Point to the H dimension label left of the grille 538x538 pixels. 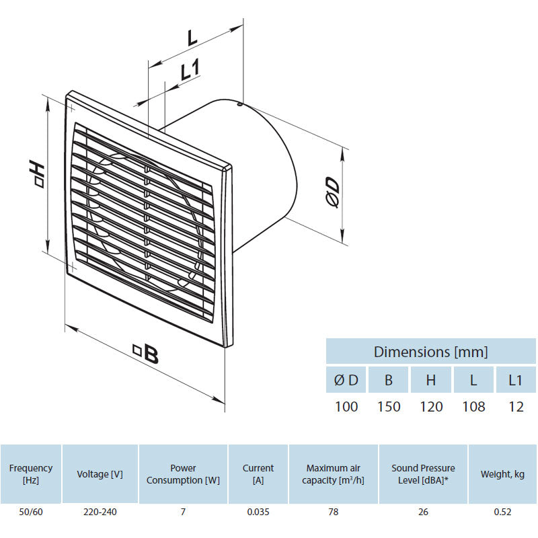pyautogui.click(x=38, y=173)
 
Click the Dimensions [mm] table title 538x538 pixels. pyautogui.click(x=430, y=352)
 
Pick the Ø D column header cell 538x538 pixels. pyautogui.click(x=346, y=380)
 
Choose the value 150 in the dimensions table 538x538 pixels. pyautogui.click(x=388, y=407)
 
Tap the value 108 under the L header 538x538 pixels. pyautogui.click(x=473, y=407)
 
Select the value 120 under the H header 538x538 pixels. pyautogui.click(x=431, y=407)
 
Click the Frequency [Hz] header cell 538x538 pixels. pyautogui.click(x=31, y=474)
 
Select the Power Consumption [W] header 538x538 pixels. pyautogui.click(x=183, y=474)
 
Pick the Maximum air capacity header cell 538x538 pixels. pyautogui.click(x=334, y=474)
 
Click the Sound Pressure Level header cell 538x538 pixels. pyautogui.click(x=423, y=474)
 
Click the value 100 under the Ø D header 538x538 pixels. pyautogui.click(x=346, y=407)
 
